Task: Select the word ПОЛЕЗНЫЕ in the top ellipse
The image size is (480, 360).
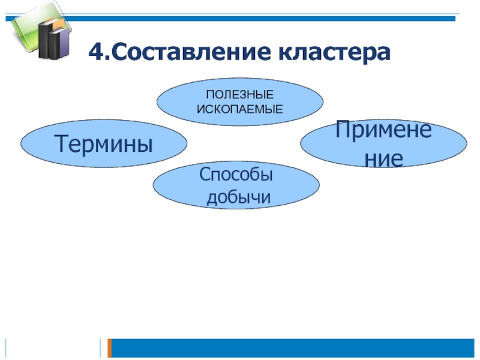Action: (x=240, y=95)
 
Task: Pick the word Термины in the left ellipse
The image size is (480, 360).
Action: (x=103, y=143)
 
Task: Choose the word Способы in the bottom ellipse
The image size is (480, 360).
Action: (x=236, y=175)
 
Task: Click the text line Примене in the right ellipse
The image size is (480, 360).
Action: (x=383, y=130)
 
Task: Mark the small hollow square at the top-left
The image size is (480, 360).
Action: (x=8, y=19)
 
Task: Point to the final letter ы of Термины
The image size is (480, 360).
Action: (x=144, y=145)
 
